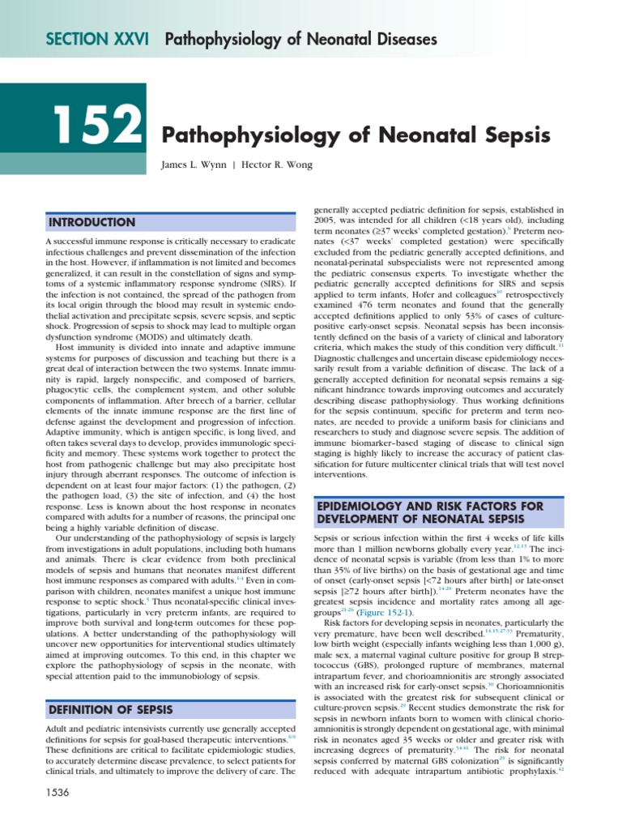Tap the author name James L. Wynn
198,165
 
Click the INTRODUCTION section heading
92,222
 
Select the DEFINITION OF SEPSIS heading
111,710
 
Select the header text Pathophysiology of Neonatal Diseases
301,40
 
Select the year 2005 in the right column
325,220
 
